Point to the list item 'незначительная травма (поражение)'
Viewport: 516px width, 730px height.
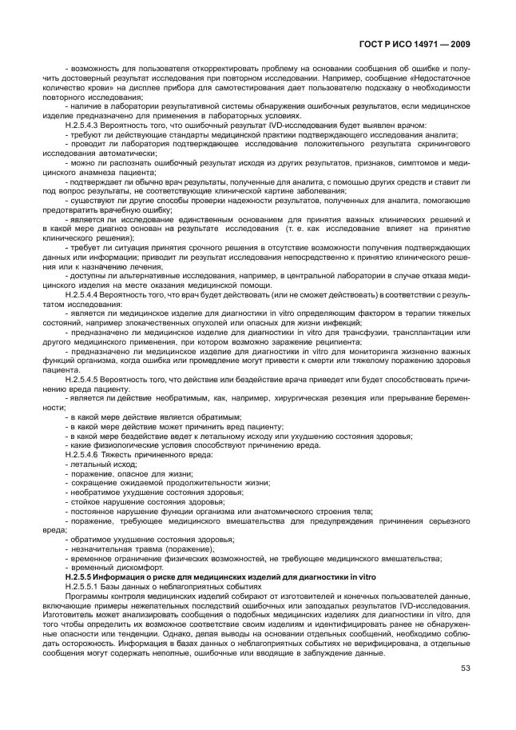point(131,549)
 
